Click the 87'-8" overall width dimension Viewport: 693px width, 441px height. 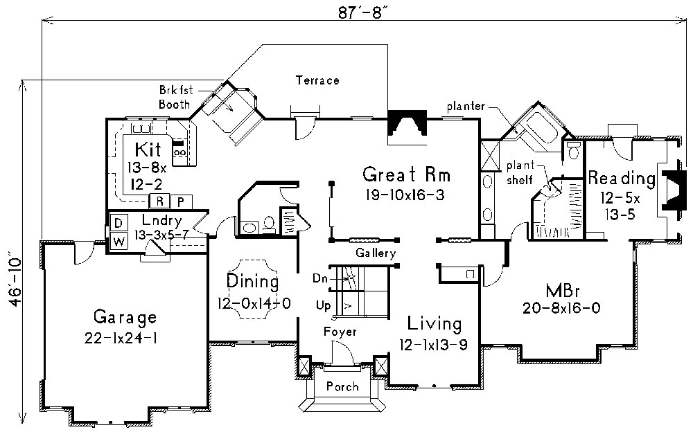(353, 12)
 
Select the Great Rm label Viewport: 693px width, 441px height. (402, 173)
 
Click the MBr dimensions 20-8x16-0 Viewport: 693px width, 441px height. (562, 307)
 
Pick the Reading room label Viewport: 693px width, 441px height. (622, 178)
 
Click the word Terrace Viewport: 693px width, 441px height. (317, 80)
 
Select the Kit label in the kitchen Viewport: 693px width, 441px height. (148, 148)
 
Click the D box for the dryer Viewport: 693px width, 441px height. (119, 223)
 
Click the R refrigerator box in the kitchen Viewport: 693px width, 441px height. (159, 202)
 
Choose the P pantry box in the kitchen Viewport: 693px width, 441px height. (181, 202)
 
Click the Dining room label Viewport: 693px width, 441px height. (253, 282)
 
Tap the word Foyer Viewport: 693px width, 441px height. (340, 332)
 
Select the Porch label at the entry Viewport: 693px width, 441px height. (342, 386)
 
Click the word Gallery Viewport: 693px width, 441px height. (375, 253)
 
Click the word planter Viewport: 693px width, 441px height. (465, 107)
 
